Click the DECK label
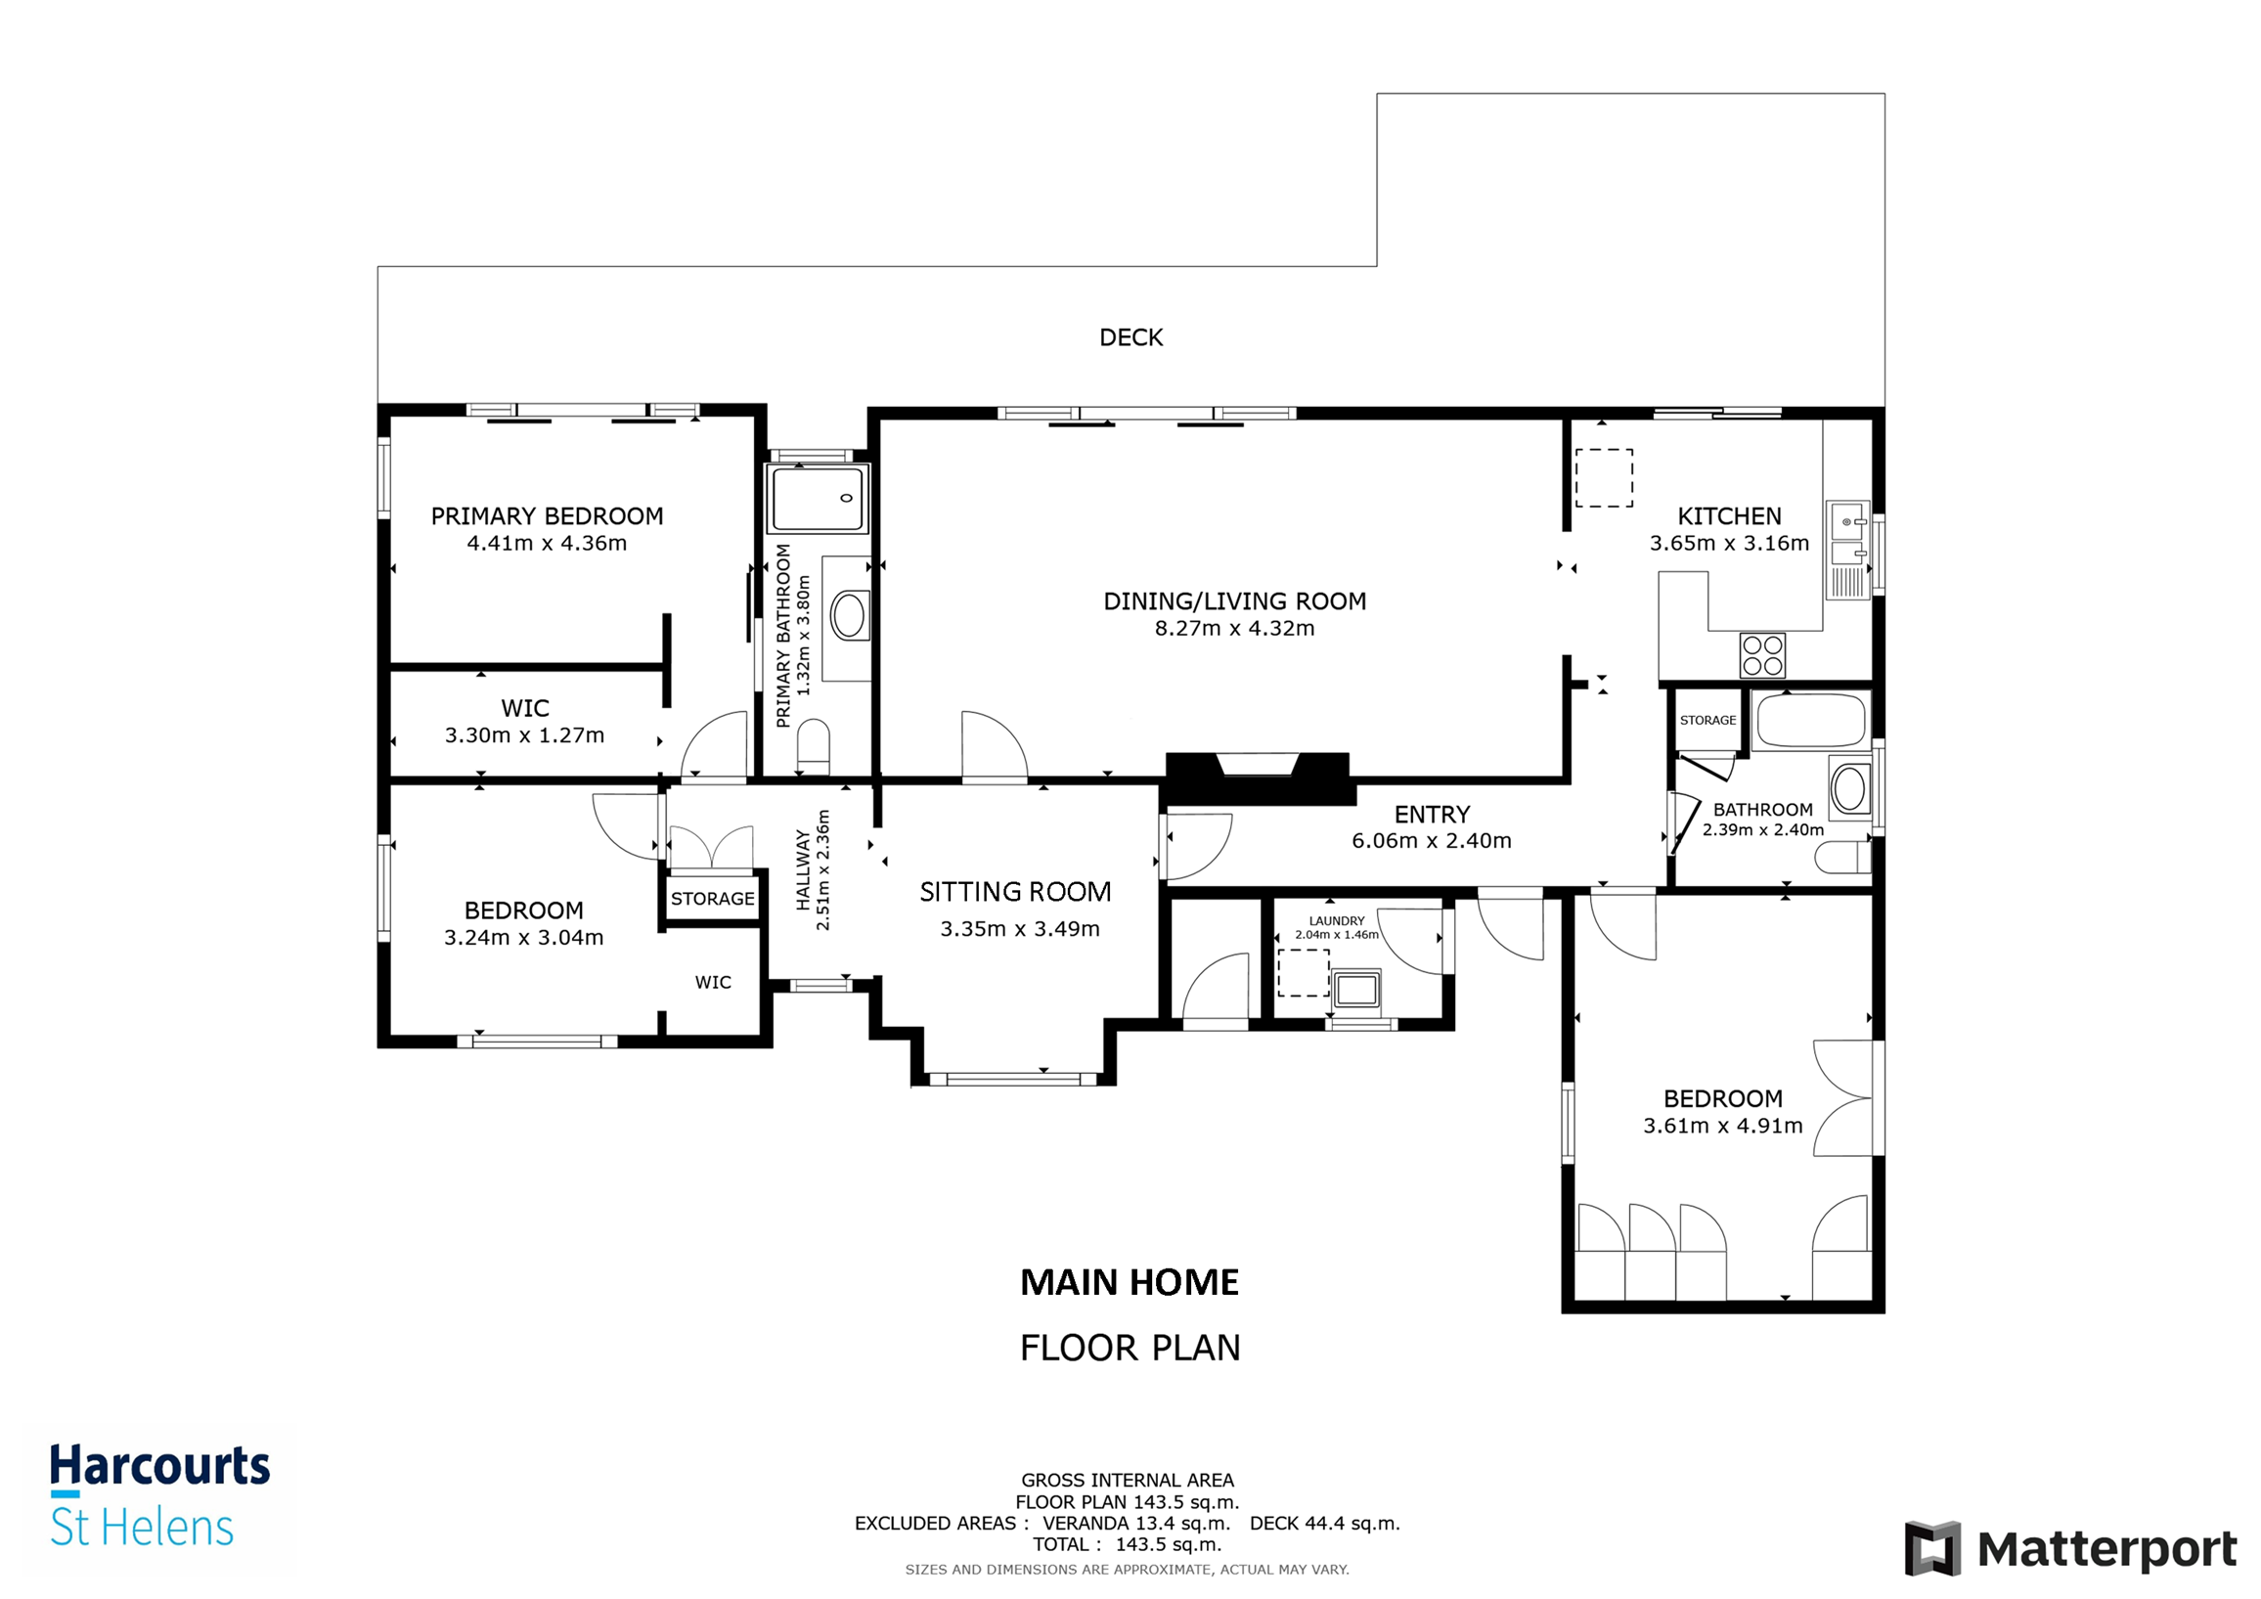click(x=1130, y=337)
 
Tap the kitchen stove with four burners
click(x=1761, y=655)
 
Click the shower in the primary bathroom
click(x=819, y=499)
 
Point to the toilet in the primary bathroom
click(x=814, y=745)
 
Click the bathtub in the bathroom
click(x=1811, y=721)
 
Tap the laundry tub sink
click(x=1356, y=990)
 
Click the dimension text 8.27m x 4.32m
click(x=1234, y=628)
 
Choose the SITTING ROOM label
click(x=1015, y=892)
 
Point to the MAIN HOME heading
click(x=1130, y=1283)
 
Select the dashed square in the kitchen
click(x=1603, y=477)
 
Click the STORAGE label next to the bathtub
click(x=1707, y=721)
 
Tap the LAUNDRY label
click(x=1336, y=920)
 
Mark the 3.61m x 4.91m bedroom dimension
click(x=1722, y=1126)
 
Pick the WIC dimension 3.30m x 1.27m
click(x=524, y=735)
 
